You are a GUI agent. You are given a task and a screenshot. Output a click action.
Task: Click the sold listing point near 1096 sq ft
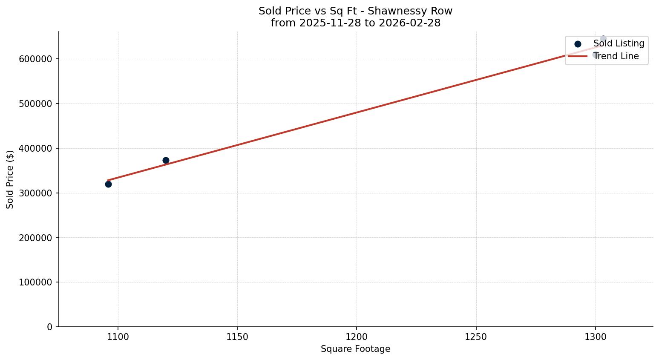click(108, 184)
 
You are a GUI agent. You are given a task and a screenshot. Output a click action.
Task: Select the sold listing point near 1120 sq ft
click(166, 160)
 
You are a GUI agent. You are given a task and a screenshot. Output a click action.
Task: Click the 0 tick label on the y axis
click(50, 327)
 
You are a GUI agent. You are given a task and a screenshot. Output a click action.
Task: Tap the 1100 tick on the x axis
click(118, 337)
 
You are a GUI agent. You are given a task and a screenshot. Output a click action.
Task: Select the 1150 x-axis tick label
click(237, 337)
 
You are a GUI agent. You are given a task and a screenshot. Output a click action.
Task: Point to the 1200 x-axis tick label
click(357, 337)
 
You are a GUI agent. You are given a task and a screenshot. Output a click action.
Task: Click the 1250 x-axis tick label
click(476, 337)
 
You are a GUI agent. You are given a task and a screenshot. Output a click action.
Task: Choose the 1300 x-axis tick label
click(595, 337)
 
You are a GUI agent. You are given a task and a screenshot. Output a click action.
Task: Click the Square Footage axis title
click(355, 349)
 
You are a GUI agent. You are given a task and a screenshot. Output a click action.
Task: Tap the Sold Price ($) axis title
click(10, 179)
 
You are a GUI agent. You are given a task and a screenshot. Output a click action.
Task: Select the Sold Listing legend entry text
click(619, 43)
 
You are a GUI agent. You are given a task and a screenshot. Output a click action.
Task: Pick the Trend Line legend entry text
click(616, 56)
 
